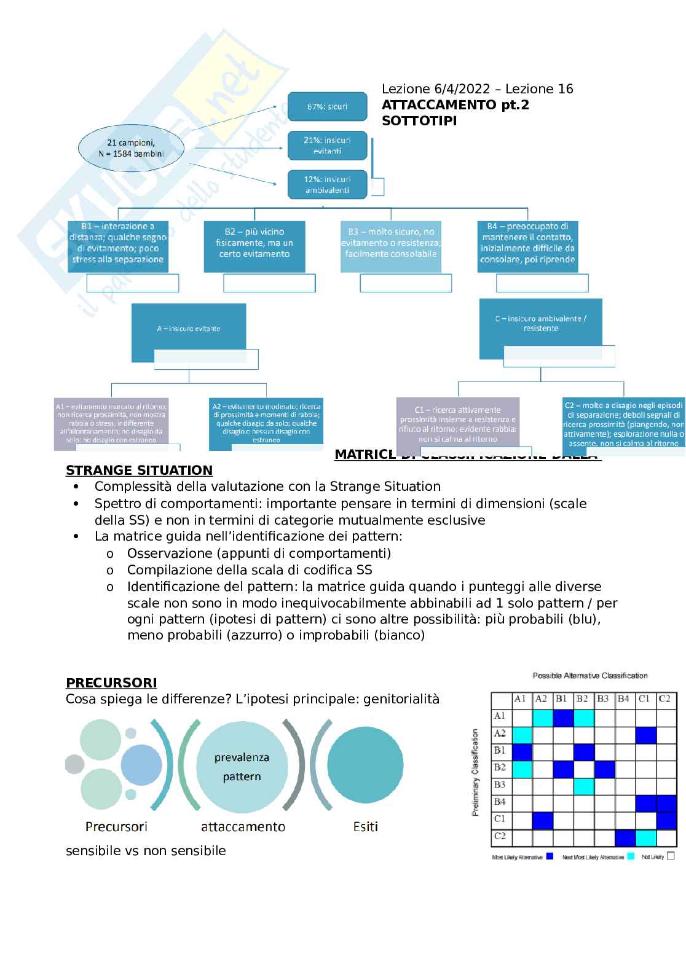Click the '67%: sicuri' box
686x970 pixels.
pos(327,107)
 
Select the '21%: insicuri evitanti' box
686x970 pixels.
pos(327,146)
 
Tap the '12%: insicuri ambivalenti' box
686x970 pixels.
pos(327,185)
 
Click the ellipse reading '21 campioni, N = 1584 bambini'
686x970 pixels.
pos(131,149)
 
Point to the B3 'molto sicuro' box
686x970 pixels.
pos(391,243)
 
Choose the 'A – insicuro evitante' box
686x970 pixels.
pos(188,329)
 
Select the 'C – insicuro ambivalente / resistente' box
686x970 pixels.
pos(541,324)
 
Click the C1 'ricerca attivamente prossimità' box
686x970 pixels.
pos(457,424)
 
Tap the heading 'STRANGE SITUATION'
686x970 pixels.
pos(139,471)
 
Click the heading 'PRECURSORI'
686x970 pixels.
pos(111,683)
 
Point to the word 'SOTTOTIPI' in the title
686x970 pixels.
pos(419,121)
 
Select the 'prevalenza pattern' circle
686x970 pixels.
pos(242,767)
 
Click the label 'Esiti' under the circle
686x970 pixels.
pos(366,827)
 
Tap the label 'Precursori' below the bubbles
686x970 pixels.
pos(116,827)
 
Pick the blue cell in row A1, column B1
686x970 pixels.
pos(563,716)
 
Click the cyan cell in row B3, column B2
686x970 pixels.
pos(584,786)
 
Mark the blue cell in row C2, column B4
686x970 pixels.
pos(625,837)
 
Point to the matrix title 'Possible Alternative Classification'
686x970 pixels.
pos(590,676)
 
